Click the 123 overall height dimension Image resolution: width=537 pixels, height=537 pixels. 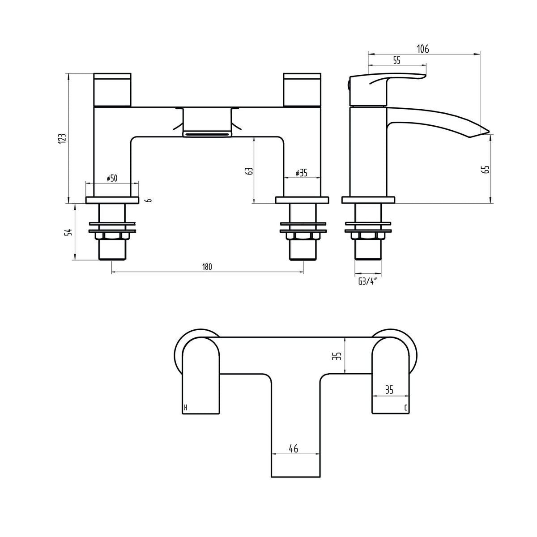64,138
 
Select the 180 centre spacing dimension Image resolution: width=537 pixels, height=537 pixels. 206,267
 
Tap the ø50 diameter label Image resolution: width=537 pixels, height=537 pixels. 111,178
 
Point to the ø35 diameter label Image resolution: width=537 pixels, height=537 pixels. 301,174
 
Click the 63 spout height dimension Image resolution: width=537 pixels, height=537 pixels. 250,170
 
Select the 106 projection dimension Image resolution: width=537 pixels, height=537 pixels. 422,49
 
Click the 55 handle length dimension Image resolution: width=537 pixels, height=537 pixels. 396,60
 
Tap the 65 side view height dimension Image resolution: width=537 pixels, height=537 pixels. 486,169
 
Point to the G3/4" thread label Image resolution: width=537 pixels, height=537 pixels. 368,281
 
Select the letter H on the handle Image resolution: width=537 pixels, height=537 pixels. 185,408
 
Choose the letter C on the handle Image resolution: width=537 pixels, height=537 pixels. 405,408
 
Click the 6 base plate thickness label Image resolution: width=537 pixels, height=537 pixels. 150,200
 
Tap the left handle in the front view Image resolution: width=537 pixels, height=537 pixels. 112,89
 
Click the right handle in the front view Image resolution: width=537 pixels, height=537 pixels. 303,89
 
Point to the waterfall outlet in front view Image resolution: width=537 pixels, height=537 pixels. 207,133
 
